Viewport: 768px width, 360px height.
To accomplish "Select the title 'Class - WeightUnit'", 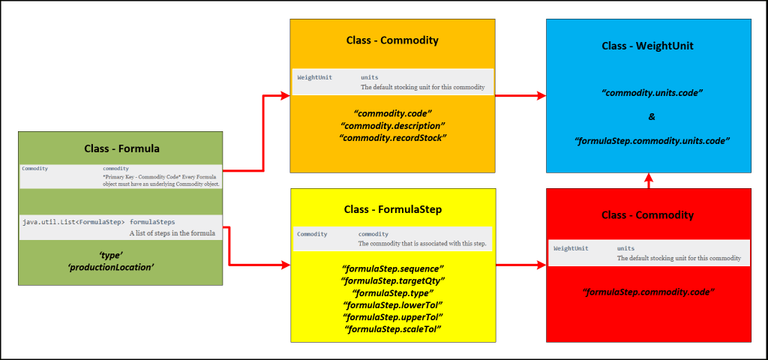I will click(x=648, y=46).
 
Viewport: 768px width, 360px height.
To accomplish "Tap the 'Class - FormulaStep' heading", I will click(x=392, y=208).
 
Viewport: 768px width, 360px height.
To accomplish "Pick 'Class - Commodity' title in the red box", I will click(x=648, y=215).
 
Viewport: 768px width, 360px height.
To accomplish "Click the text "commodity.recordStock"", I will click(x=392, y=138).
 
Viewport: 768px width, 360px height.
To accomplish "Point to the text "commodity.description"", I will click(x=392, y=125).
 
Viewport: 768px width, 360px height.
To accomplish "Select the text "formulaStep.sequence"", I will click(x=392, y=268).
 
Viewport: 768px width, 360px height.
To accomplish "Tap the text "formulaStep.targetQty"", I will click(x=392, y=280).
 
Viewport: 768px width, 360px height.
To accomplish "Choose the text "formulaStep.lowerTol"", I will click(x=392, y=304).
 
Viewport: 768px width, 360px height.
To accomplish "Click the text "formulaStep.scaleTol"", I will click(x=392, y=329).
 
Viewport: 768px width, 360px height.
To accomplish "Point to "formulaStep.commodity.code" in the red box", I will click(x=648, y=291).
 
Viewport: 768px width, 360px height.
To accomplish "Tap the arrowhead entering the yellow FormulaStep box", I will click(x=284, y=265).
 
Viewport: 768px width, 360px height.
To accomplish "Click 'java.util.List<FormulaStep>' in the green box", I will click(x=73, y=223).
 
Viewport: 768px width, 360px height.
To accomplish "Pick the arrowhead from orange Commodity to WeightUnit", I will click(x=540, y=96).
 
